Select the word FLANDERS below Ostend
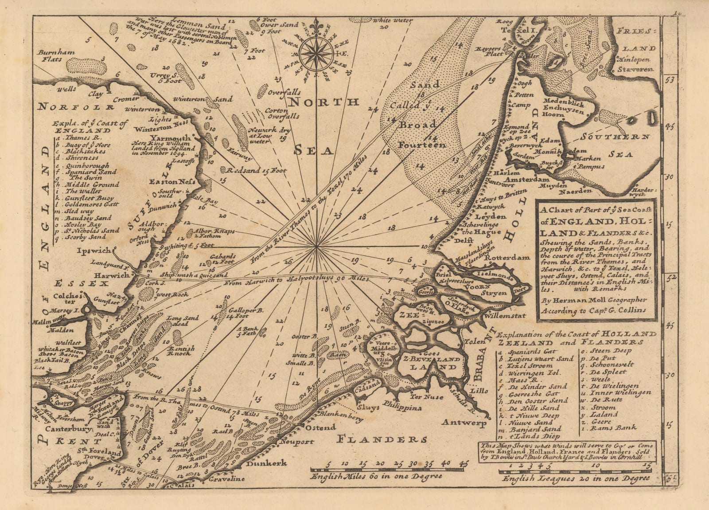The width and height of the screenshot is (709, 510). (383, 439)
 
